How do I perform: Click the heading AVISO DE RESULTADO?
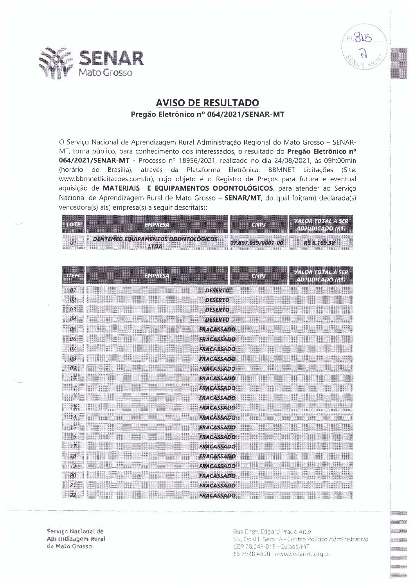207,103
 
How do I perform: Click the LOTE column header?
73,225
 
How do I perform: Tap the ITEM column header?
73,276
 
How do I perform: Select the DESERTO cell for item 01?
217,290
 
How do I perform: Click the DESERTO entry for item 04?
217,320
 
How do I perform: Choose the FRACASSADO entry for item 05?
217,330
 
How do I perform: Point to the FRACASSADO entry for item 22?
217,496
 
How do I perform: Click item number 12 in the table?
73,398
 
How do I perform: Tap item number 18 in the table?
73,456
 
